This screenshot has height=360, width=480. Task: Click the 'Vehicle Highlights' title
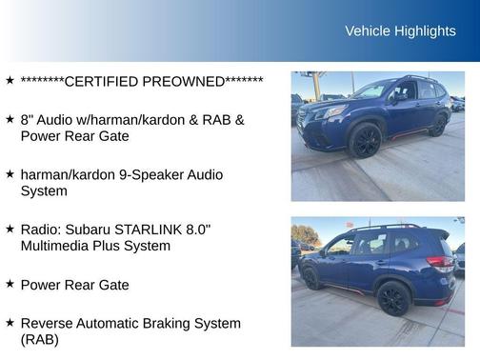pyautogui.click(x=400, y=31)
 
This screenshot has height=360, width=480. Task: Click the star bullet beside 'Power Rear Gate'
pyautogui.click(x=10, y=284)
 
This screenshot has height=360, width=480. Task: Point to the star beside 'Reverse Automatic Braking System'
pyautogui.click(x=10, y=323)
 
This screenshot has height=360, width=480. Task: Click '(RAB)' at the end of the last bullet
pyautogui.click(x=40, y=339)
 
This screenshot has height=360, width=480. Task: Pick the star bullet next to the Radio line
pyautogui.click(x=10, y=230)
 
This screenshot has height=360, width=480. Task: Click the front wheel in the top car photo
pyautogui.click(x=366, y=141)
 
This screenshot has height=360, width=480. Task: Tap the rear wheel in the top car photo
pyautogui.click(x=439, y=124)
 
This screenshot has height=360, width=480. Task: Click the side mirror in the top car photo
pyautogui.click(x=400, y=96)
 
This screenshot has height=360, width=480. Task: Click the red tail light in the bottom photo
pyautogui.click(x=440, y=262)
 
